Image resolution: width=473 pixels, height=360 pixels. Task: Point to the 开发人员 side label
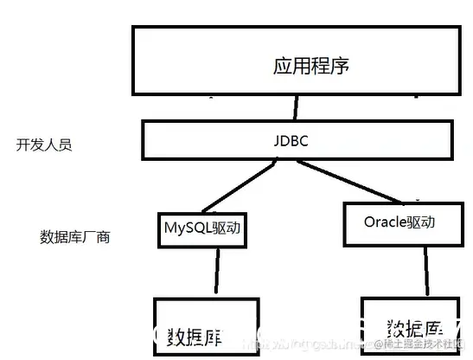pos(43,145)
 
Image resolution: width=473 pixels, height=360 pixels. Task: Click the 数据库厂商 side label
pos(74,236)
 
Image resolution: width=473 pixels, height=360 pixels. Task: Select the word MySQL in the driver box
pos(184,230)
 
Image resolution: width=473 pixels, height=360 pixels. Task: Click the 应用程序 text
pos(310,66)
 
